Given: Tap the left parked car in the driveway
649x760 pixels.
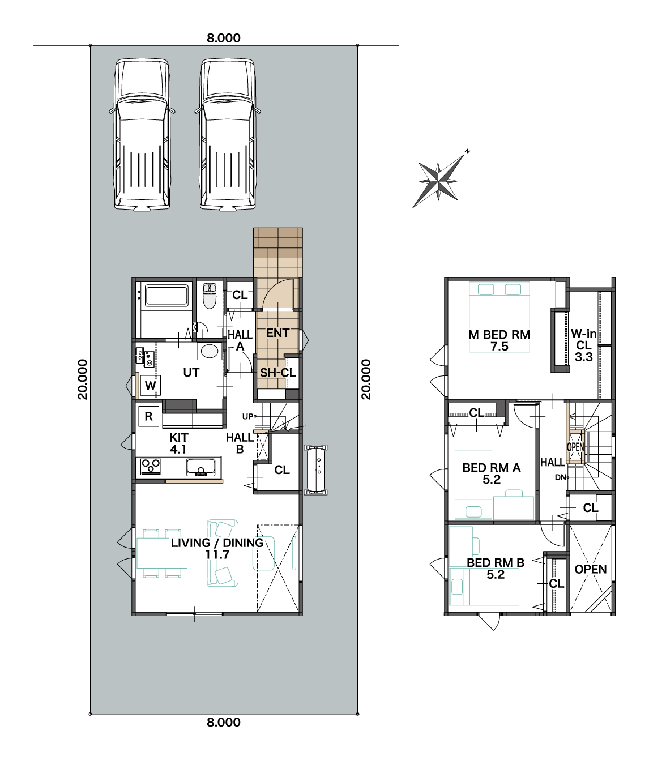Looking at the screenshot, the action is point(142,135).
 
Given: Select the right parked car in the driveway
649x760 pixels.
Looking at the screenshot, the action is point(228,135).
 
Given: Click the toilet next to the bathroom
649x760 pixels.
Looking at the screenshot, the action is point(210,296).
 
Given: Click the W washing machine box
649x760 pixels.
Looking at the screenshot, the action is point(150,385).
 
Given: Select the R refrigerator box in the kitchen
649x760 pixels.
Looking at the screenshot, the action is point(148,416).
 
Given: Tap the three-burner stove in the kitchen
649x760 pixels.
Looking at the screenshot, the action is point(151,466).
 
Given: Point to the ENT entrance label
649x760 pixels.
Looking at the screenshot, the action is point(277,333).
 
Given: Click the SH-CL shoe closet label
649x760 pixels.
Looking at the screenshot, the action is point(278,373).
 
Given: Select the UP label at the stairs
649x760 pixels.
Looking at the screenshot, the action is point(247,417).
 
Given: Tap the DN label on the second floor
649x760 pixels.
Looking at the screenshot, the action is point(561,477).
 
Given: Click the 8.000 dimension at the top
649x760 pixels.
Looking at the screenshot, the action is point(224,38).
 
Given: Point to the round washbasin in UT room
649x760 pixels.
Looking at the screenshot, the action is point(210,352).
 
